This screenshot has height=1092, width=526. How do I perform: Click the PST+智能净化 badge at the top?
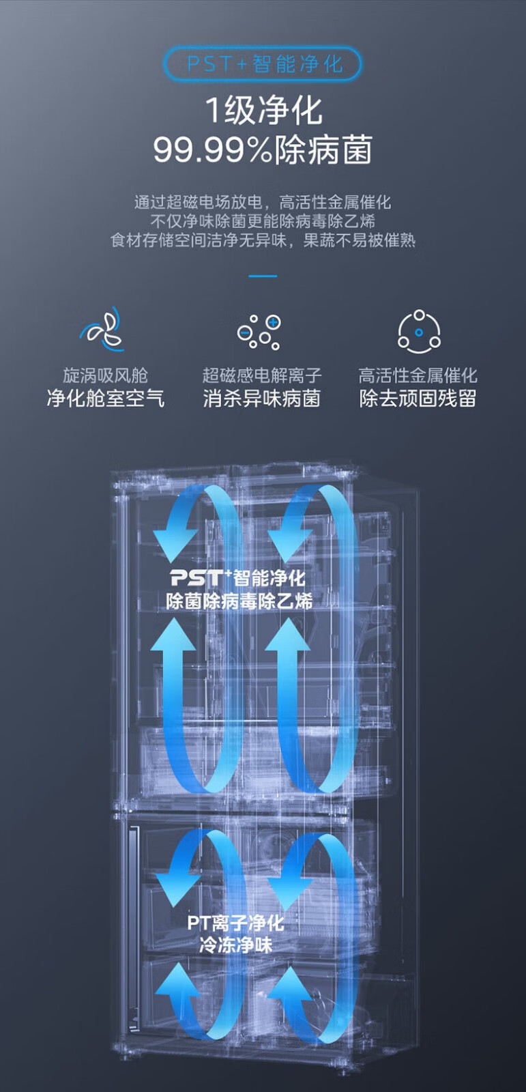pos(263,64)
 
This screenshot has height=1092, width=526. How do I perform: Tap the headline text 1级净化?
pos(263,110)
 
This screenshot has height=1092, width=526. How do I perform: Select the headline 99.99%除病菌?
pos(263,149)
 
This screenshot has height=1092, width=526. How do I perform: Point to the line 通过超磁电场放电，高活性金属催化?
pos(263,202)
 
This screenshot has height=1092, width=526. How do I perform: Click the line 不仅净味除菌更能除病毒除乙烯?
pos(263,221)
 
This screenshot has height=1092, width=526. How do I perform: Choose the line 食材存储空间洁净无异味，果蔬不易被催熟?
pos(263,240)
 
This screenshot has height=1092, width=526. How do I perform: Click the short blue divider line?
pos(263,276)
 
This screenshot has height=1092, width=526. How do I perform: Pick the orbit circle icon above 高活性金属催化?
pos(419,332)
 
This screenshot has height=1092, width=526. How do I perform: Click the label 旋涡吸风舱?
pos(105,375)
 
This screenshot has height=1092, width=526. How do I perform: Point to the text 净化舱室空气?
pos(105,398)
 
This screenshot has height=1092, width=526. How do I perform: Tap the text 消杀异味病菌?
pos(261,398)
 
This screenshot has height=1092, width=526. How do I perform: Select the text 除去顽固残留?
pos(418,398)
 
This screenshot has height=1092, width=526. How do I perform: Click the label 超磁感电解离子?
pos(261,375)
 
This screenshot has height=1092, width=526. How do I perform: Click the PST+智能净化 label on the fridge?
pos(237,578)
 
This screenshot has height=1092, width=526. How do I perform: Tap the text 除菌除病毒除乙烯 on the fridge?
pos(239,601)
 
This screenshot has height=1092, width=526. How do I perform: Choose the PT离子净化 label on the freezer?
pos(235,923)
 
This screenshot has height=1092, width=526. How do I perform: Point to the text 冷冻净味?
pos(235,945)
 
